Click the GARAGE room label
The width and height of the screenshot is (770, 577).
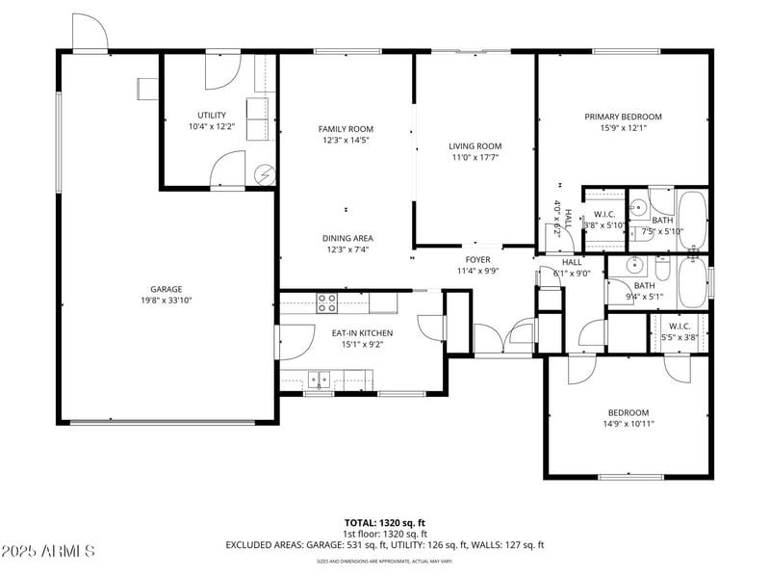pyautogui.click(x=166, y=288)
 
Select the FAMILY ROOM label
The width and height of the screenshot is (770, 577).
pyautogui.click(x=346, y=128)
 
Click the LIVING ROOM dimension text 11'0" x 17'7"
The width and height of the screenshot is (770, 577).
pyautogui.click(x=475, y=158)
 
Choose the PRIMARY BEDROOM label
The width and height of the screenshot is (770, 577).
pyautogui.click(x=623, y=117)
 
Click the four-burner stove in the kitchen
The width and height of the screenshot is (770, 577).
pyautogui.click(x=327, y=303)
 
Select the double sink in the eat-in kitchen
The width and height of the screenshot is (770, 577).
pyautogui.click(x=319, y=379)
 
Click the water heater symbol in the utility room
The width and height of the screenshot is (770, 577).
pyautogui.click(x=264, y=173)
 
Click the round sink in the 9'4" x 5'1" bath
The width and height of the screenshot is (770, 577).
pyautogui.click(x=634, y=266)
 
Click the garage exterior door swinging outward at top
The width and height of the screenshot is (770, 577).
pyautogui.click(x=90, y=32)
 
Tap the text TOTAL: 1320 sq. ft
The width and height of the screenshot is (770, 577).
pyautogui.click(x=384, y=522)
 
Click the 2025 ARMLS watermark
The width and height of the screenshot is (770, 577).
pyautogui.click(x=48, y=552)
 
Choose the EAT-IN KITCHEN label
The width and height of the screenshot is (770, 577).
pyautogui.click(x=362, y=333)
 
